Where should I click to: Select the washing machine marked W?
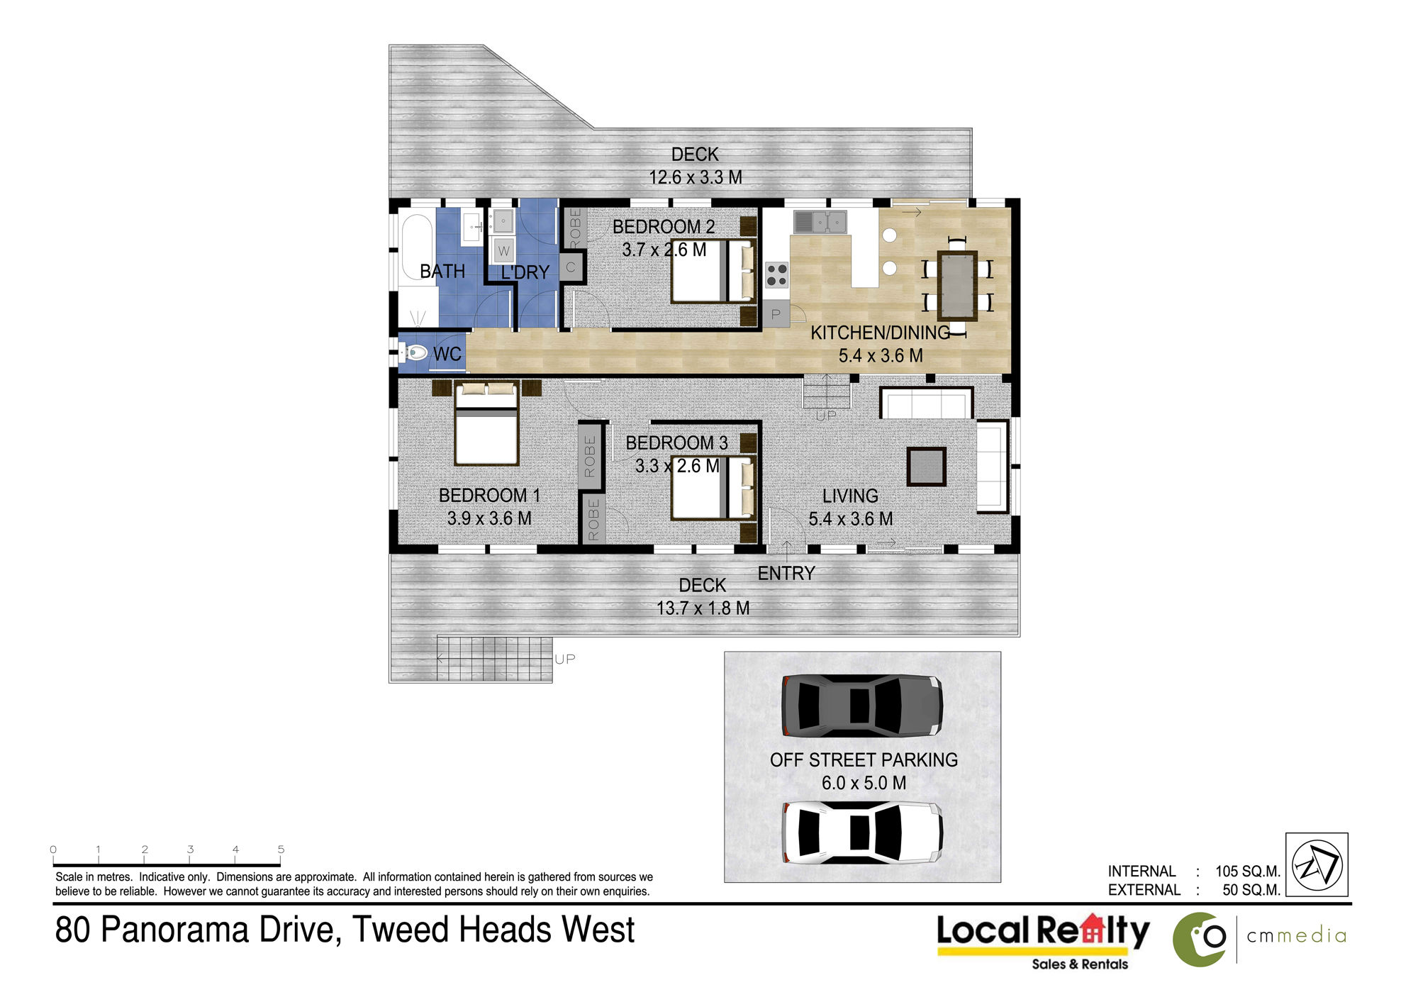[503, 250]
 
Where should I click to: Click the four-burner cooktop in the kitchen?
[777, 274]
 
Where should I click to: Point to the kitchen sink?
[820, 222]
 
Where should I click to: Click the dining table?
[957, 286]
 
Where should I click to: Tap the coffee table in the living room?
[927, 467]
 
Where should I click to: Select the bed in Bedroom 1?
[486, 423]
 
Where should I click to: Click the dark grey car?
[862, 705]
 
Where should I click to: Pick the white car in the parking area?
[862, 833]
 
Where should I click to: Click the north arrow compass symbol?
[1317, 865]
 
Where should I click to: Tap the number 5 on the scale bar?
[281, 849]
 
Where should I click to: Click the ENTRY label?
[786, 573]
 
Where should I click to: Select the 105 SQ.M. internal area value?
[1248, 871]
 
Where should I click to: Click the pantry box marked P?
[776, 313]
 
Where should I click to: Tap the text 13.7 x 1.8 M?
[703, 608]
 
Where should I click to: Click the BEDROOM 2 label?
[664, 227]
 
